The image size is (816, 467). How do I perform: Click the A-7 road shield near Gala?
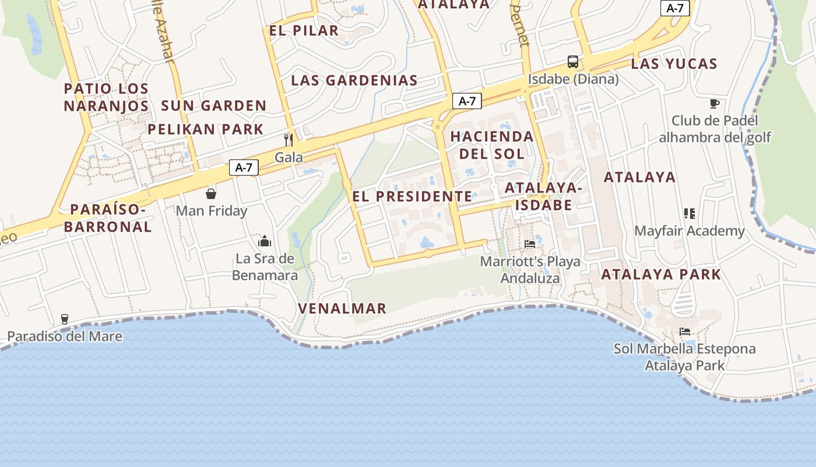244,168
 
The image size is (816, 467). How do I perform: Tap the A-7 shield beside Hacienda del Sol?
467,101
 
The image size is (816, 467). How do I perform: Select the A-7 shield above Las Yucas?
675,8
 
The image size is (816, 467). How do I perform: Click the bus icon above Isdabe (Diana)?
573,62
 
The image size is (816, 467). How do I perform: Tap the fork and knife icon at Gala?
288,140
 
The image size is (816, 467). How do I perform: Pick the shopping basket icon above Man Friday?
211,193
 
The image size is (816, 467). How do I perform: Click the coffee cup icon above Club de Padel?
715,104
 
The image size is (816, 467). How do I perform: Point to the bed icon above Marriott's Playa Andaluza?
530,243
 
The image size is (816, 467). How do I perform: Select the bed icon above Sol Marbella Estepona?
685,332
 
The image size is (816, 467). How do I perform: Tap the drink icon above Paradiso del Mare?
65,319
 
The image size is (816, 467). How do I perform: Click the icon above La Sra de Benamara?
265,241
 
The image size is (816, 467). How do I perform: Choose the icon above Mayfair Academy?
690,214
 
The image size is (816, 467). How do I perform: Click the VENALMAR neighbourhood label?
342,308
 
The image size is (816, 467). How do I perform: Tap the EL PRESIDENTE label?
412,196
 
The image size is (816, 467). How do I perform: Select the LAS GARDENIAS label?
354,81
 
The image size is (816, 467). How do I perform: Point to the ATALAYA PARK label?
661,274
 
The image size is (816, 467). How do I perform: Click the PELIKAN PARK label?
206,129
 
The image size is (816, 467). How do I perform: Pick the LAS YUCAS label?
674,64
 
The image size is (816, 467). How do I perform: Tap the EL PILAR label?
304,30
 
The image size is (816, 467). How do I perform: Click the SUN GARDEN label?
214,106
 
